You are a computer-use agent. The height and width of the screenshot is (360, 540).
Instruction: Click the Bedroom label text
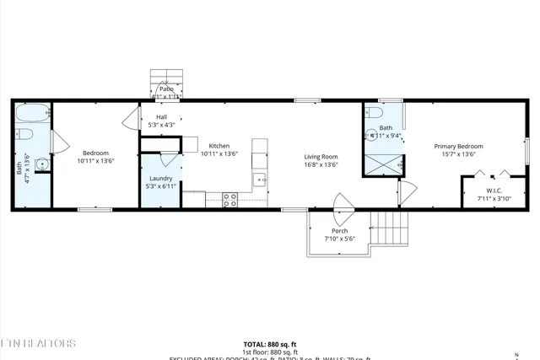pyautogui.click(x=94, y=153)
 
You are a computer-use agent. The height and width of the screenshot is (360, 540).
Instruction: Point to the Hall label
pyautogui.click(x=160, y=117)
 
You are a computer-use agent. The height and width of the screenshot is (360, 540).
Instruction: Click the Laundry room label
pyautogui.click(x=160, y=178)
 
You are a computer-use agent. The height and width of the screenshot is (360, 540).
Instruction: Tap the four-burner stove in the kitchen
pyautogui.click(x=229, y=200)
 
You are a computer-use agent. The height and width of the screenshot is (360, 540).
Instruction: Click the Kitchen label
pyautogui.click(x=219, y=146)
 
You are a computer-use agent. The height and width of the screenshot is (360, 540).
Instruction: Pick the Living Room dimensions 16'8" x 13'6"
pyautogui.click(x=321, y=164)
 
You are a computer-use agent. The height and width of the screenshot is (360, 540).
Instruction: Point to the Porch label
pyautogui.click(x=339, y=231)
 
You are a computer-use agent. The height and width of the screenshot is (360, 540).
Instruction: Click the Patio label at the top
pyautogui.click(x=166, y=88)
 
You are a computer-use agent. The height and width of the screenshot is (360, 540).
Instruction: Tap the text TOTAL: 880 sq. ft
pyautogui.click(x=269, y=344)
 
